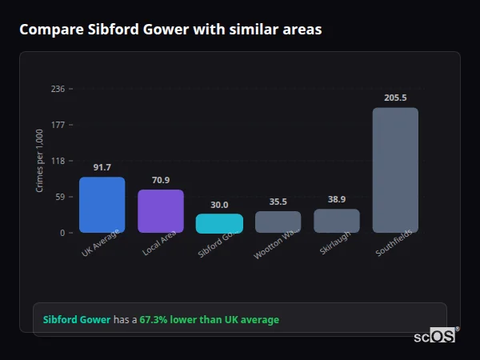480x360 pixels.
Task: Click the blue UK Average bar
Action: point(102,205)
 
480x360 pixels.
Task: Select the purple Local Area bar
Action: point(161,211)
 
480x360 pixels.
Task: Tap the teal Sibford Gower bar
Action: point(219,223)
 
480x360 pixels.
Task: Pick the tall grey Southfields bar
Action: point(395,170)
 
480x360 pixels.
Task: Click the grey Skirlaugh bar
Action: point(337,221)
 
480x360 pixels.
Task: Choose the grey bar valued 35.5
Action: point(278,222)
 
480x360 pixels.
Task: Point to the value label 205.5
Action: point(395,98)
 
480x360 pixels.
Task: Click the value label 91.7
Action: point(102,167)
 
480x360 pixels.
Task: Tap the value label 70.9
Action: point(161,180)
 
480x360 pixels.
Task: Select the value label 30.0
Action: point(219,205)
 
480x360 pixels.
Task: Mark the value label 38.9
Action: point(337,199)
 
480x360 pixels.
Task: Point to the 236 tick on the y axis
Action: point(57,89)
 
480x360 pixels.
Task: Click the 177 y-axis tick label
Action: point(57,125)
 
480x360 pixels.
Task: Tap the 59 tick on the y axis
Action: point(59,197)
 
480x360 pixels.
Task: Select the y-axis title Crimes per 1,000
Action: point(40,162)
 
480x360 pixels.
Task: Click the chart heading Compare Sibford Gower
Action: point(170,30)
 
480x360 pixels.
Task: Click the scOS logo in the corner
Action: point(434,336)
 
